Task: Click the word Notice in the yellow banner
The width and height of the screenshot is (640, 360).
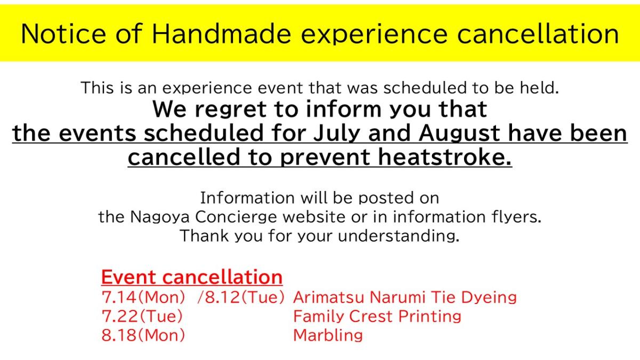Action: click(x=63, y=34)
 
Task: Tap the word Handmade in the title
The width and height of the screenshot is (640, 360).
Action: click(x=221, y=34)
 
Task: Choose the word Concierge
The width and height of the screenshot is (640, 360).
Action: click(x=236, y=217)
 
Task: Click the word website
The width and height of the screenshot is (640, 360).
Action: click(x=314, y=217)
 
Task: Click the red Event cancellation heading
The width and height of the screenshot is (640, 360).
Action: click(x=192, y=277)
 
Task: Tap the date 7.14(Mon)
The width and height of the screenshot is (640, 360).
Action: click(x=143, y=297)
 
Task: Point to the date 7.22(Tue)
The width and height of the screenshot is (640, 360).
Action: click(x=142, y=316)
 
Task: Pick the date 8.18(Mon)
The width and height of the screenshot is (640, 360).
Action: click(x=143, y=335)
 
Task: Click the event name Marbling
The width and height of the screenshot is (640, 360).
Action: click(x=328, y=335)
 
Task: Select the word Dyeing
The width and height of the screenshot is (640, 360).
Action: click(x=489, y=298)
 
